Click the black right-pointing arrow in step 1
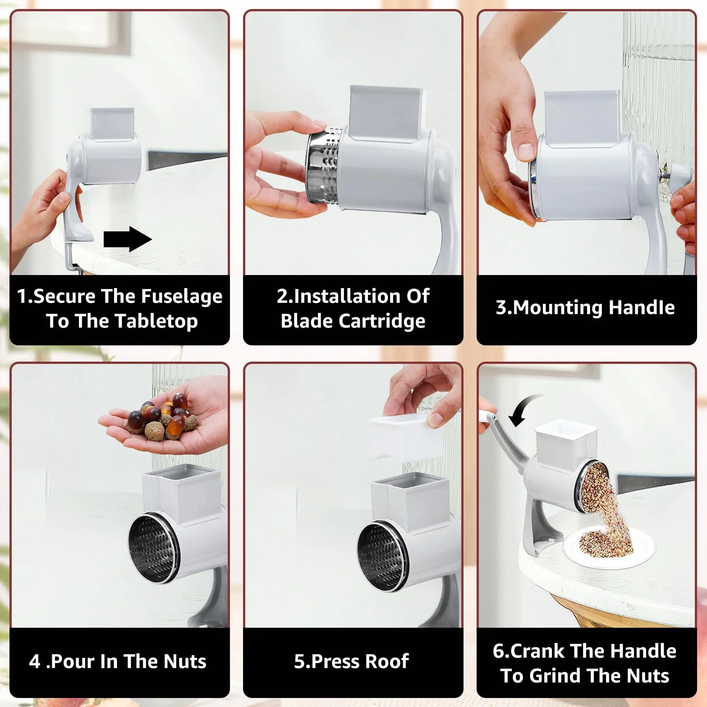pyautogui.click(x=128, y=239)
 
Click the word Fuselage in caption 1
pyautogui.click(x=183, y=297)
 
